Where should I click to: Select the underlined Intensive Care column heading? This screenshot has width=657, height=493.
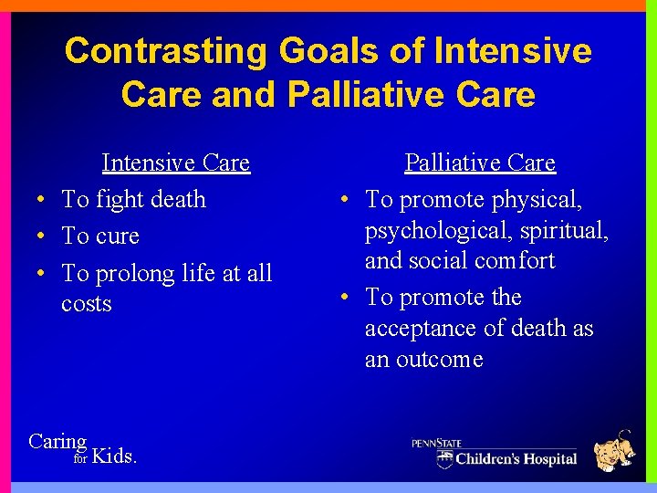pyautogui.click(x=175, y=163)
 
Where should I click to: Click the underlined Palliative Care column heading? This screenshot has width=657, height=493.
pyautogui.click(x=479, y=163)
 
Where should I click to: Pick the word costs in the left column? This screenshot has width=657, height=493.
pyautogui.click(x=87, y=304)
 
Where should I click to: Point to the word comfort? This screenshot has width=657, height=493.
pyautogui.click(x=513, y=261)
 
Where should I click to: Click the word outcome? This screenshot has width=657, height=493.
pyautogui.click(x=437, y=360)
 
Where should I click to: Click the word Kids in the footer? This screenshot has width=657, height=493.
pyautogui.click(x=115, y=456)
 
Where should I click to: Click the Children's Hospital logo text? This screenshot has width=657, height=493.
pyautogui.click(x=516, y=458)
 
